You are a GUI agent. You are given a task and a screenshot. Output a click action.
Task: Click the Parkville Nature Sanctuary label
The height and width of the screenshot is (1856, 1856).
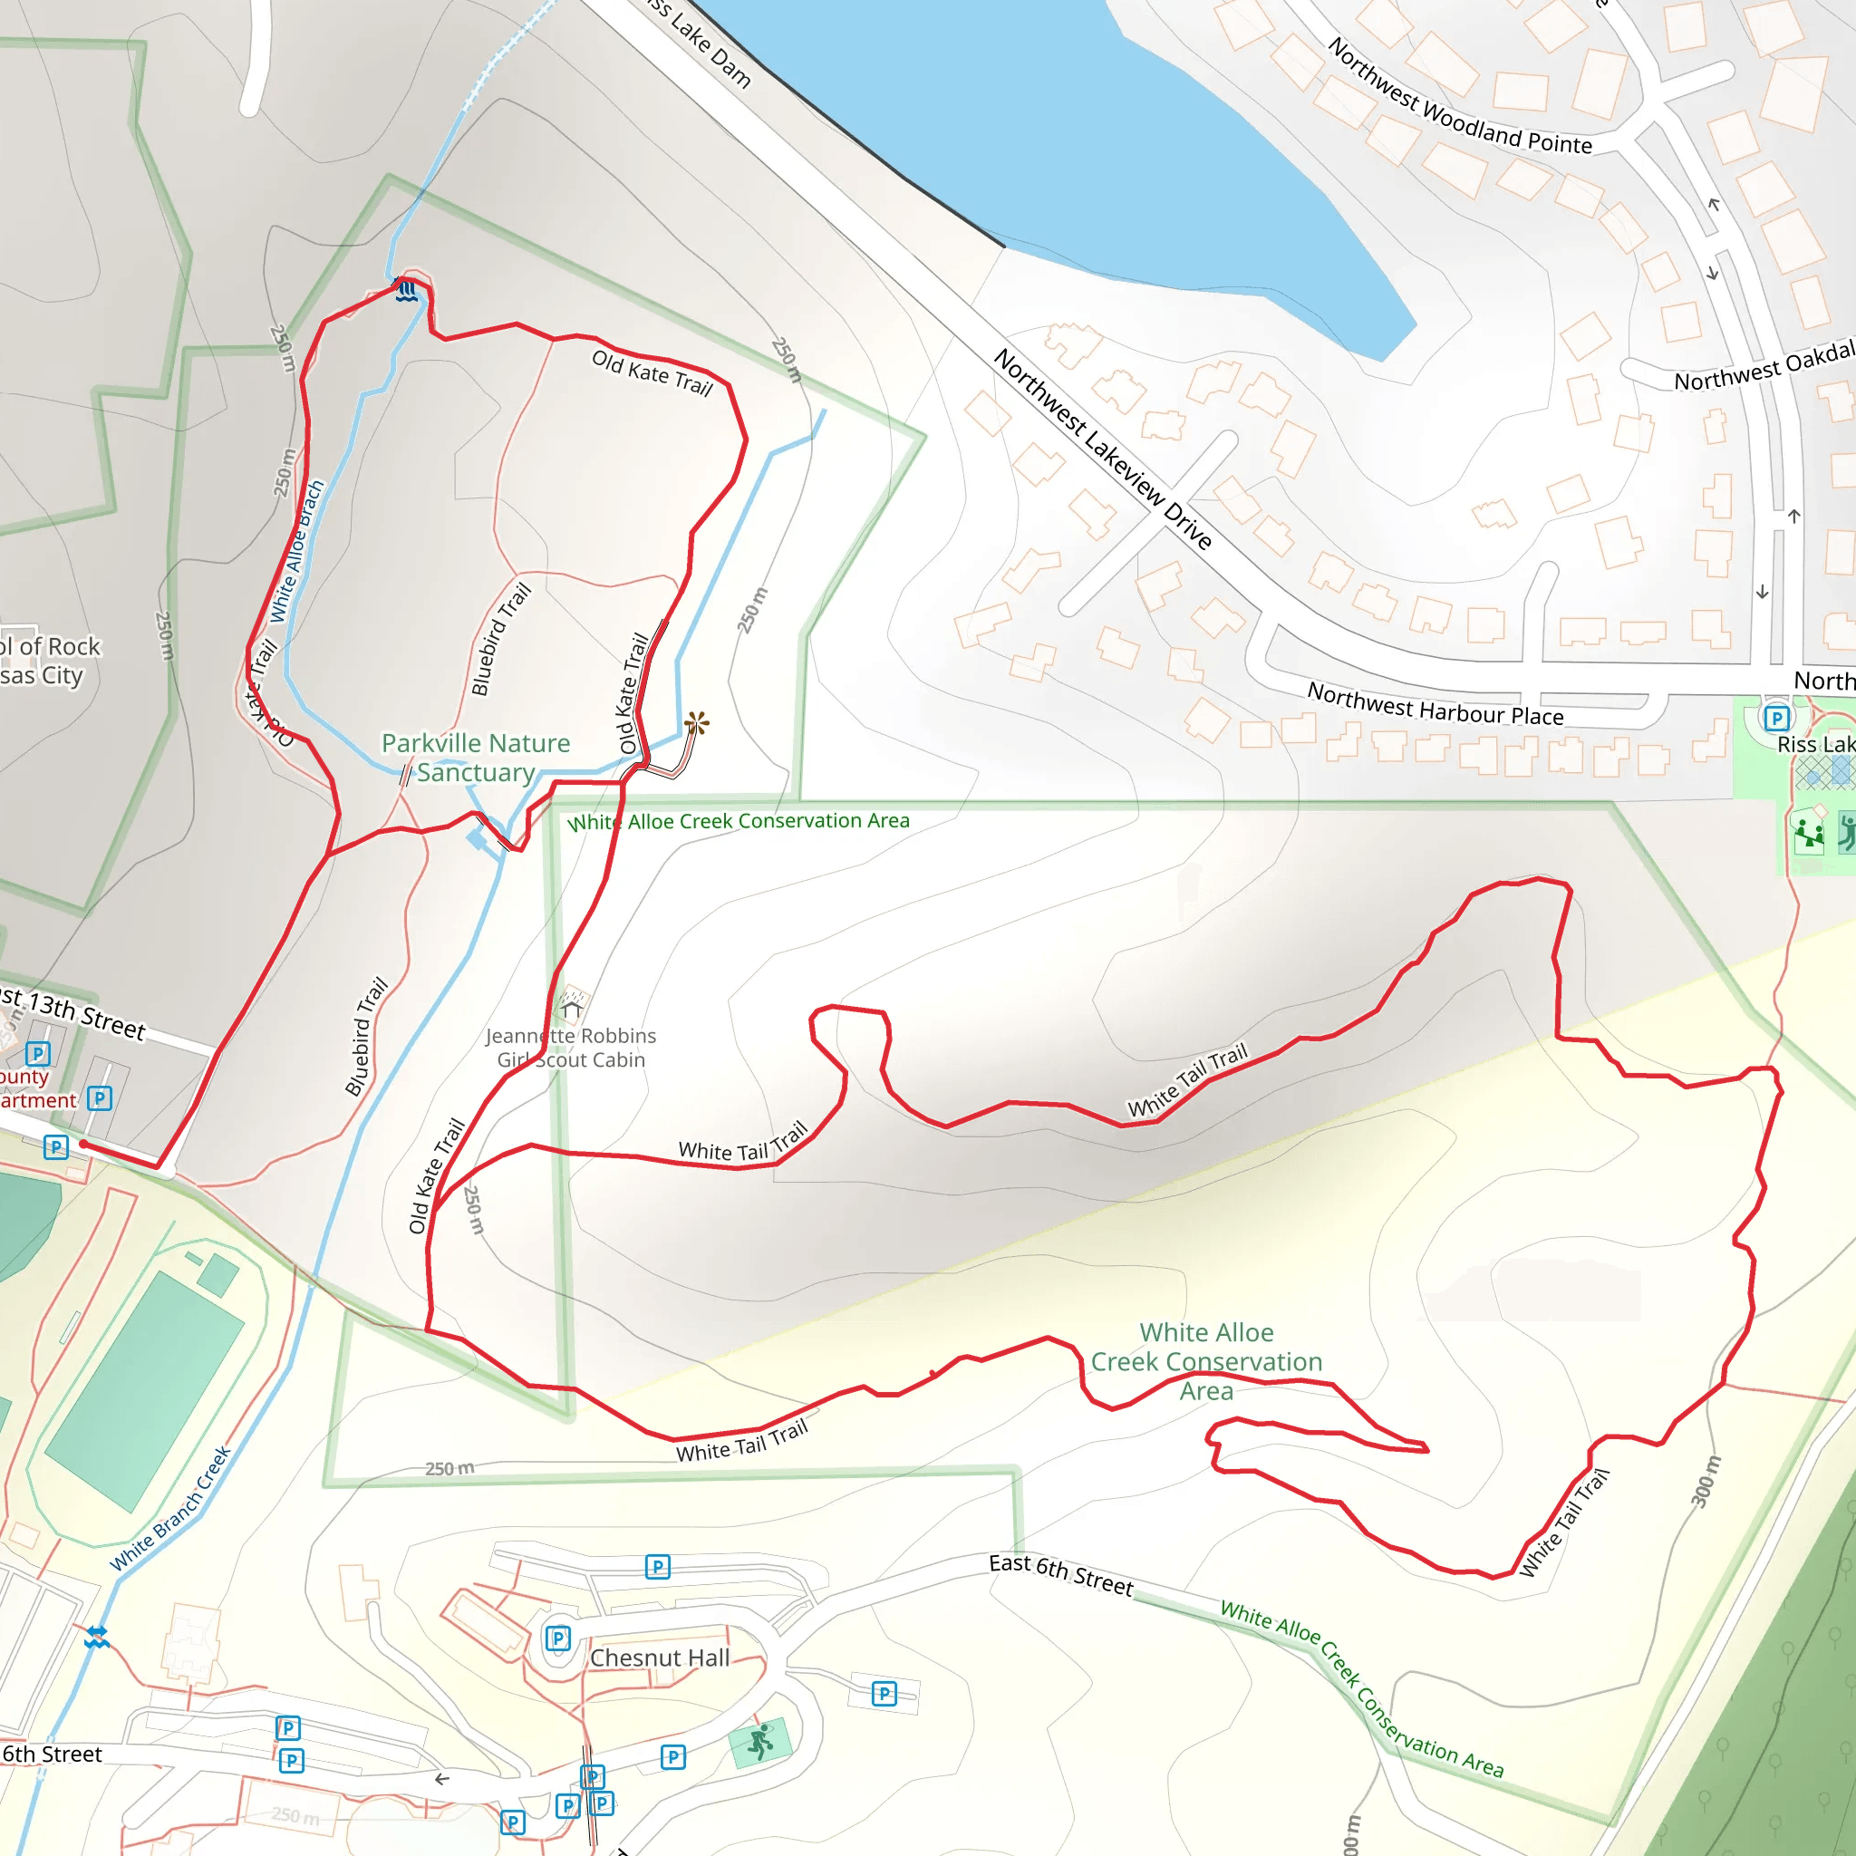coord(476,757)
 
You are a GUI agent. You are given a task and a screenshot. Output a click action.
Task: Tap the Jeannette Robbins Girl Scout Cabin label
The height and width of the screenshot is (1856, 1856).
coord(571,1047)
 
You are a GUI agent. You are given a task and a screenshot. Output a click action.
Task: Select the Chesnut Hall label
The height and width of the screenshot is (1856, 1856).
coord(660,1658)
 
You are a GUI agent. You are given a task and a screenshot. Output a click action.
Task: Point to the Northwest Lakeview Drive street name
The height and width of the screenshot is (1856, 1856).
coord(1102,449)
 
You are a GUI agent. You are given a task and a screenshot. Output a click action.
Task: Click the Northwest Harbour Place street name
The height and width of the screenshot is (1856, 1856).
coord(1435,704)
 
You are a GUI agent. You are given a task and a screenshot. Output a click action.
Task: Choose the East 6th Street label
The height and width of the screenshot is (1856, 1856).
coord(1060,1575)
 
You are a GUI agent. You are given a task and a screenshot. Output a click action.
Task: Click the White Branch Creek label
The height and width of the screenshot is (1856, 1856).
coord(171,1508)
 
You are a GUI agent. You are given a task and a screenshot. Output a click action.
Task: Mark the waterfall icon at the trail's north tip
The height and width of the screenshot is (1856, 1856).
coord(407,290)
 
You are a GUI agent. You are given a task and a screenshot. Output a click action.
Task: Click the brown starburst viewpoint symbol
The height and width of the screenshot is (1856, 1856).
coord(697,723)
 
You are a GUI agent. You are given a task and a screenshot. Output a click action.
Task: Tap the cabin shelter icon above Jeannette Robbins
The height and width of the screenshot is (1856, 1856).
coord(573,1007)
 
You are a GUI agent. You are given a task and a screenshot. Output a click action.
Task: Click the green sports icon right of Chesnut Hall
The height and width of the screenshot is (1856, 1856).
coord(759,1741)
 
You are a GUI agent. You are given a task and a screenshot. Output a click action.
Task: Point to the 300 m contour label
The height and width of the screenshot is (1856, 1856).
coord(1706,1482)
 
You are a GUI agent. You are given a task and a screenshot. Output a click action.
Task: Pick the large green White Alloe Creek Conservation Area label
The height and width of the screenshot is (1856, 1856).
coord(1206,1361)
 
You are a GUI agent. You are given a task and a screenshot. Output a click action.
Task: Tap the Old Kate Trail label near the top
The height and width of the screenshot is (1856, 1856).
coord(652,373)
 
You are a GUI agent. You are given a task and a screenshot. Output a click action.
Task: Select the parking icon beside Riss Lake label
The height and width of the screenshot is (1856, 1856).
coord(1776,718)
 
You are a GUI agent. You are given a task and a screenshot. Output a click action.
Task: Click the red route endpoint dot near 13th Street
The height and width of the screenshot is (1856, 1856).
coord(83,1143)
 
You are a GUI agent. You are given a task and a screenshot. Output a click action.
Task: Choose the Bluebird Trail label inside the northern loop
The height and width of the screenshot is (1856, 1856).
coord(500,639)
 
